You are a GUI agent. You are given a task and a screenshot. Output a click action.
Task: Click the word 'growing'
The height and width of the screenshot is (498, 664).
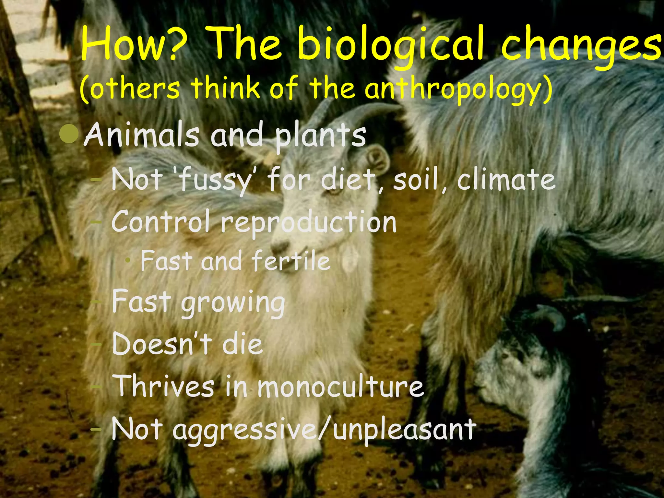click(x=233, y=303)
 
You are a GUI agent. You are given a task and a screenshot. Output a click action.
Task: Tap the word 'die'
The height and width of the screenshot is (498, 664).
click(x=242, y=344)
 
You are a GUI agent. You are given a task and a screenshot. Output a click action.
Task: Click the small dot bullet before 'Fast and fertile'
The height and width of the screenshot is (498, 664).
click(x=129, y=260)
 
